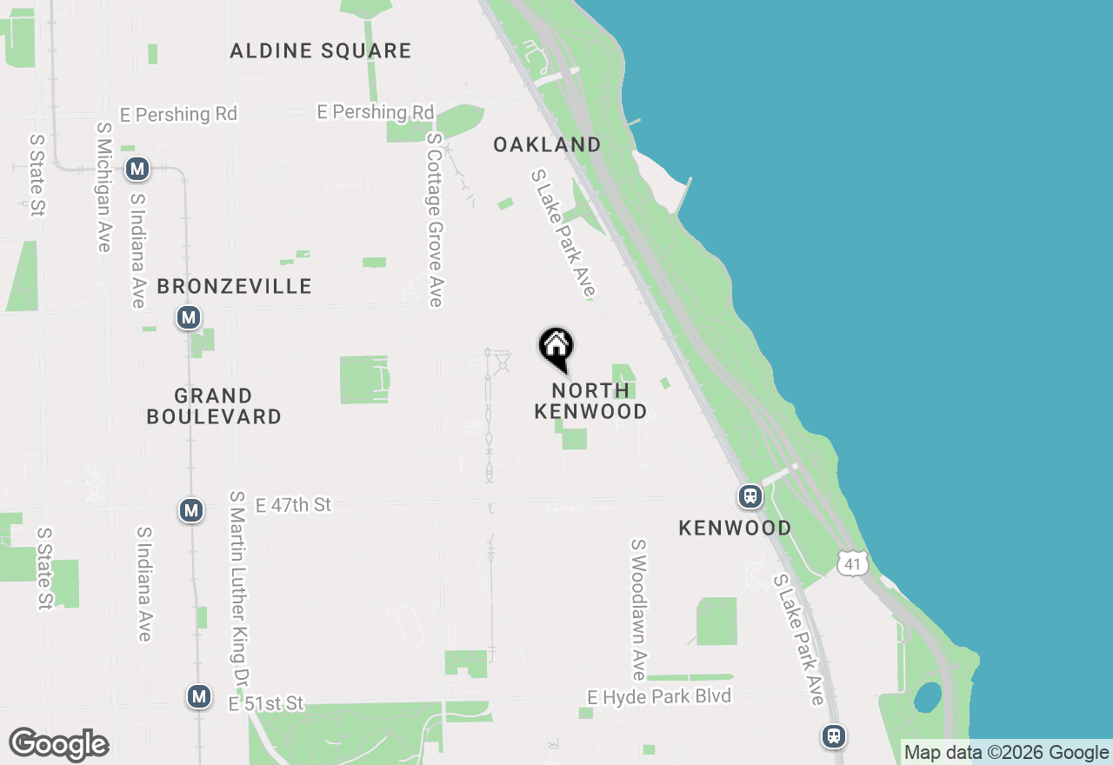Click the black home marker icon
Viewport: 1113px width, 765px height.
coord(556,348)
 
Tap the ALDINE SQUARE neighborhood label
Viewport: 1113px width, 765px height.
coord(321,51)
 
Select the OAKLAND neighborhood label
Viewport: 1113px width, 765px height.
coord(547,145)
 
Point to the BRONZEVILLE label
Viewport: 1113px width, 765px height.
coord(234,287)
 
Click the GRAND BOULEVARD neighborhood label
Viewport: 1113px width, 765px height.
coord(214,407)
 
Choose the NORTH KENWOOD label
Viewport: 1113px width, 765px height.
coord(590,401)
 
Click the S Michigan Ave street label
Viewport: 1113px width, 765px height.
coord(103,187)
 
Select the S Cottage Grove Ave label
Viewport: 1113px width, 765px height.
coord(435,220)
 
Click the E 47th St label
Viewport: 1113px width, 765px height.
coord(293,505)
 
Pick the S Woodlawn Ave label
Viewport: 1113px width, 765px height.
coord(639,609)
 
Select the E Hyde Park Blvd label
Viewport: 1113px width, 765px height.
coord(659,696)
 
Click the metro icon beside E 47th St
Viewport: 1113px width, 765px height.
coord(191,510)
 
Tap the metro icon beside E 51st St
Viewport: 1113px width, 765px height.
coord(199,696)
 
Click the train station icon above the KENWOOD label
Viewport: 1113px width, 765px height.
coord(750,496)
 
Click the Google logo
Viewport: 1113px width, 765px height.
coord(58,745)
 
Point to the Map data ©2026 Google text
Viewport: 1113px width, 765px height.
coord(1006,753)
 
